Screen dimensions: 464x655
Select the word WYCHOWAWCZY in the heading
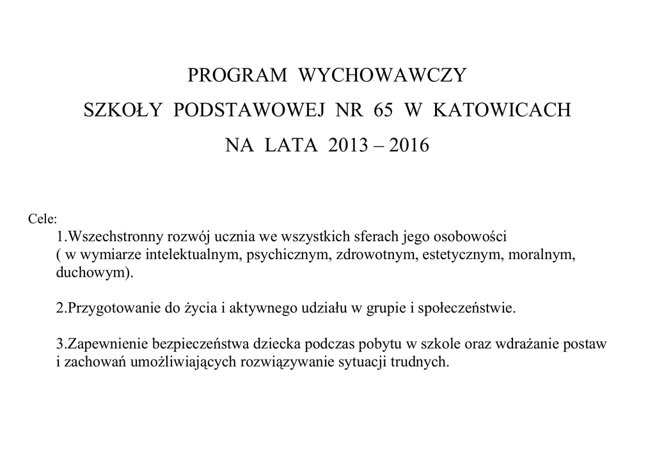[384, 76]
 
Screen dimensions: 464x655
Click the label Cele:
[43, 220]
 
